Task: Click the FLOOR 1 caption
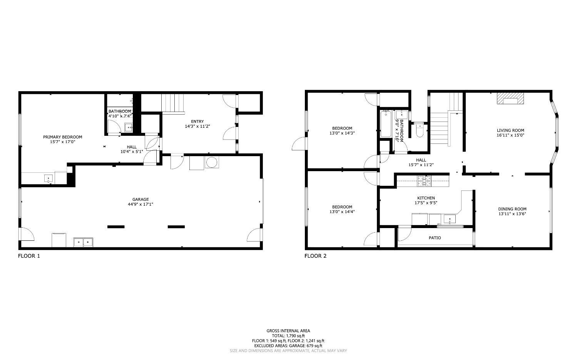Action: (29, 256)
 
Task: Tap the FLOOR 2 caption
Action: (315, 256)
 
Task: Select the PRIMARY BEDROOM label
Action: (62, 137)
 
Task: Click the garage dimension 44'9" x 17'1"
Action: (140, 204)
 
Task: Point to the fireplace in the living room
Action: (510, 99)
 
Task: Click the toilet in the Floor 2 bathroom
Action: (419, 130)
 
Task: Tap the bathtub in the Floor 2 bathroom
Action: (385, 123)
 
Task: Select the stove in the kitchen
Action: (425, 180)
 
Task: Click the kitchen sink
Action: (450, 220)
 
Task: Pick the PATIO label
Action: (435, 238)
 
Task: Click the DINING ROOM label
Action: (512, 209)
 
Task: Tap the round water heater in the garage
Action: (212, 163)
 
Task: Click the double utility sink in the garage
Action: (84, 242)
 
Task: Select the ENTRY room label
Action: (197, 122)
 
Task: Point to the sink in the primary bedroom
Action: (49, 178)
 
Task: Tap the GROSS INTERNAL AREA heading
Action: (288, 331)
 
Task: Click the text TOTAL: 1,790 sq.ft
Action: (288, 336)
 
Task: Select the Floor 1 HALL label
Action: (132, 147)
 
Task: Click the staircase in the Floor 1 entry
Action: (173, 103)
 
